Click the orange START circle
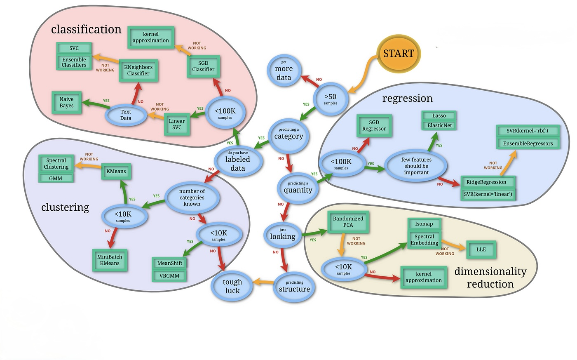coord(398,54)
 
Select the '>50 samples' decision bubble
coord(330,99)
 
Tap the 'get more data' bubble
coord(284,71)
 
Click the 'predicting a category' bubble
coord(288,134)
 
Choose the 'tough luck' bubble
coord(232,286)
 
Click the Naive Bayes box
coord(67,103)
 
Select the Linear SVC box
coord(177,124)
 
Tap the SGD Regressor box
coord(374,125)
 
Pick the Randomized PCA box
coord(348,222)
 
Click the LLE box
coord(481,249)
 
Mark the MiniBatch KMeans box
coord(110,260)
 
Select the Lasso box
coord(439,116)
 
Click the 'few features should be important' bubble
coord(416,166)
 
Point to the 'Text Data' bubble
coord(126,115)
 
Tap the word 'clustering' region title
coord(65,207)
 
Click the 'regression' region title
coord(407,99)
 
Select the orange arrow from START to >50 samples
coord(363,74)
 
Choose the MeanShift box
coord(169,263)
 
